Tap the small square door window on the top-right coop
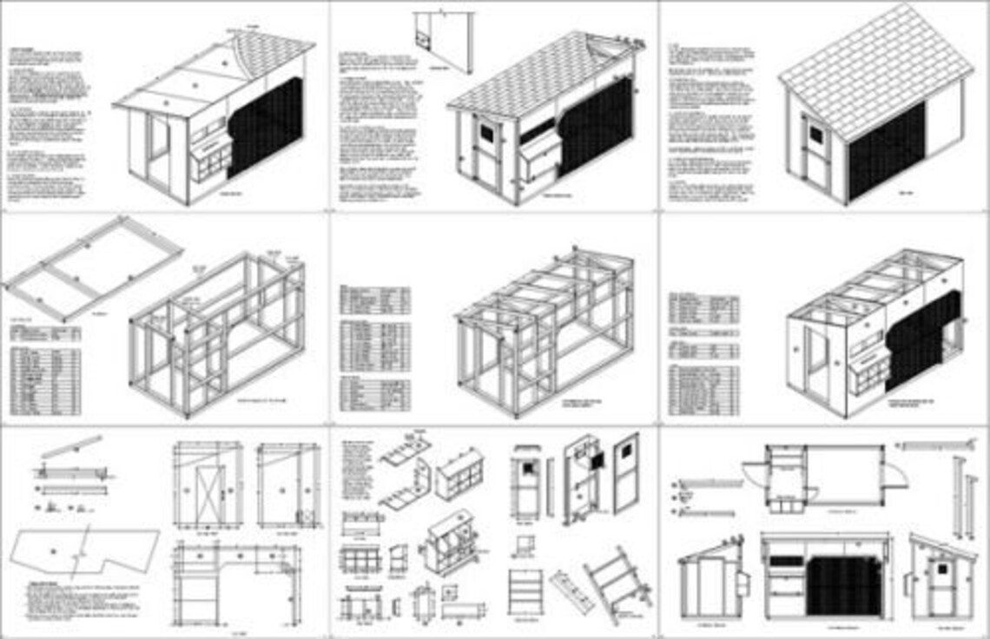pos(815,134)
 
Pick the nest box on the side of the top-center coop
pos(538,160)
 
